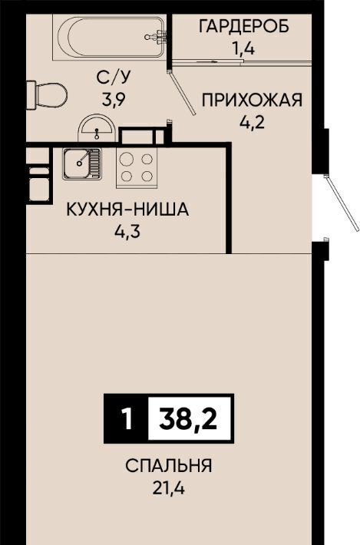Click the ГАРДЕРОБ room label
click(244, 26)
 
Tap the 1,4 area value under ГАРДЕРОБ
click(243, 48)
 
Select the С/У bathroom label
click(114, 78)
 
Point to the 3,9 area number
click(114, 100)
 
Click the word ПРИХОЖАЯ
click(253, 101)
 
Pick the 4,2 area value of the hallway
click(253, 122)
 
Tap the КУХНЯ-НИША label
click(127, 210)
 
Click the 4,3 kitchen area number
click(127, 232)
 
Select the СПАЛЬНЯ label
click(169, 466)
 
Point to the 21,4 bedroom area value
click(169, 488)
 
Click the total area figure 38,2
click(188, 418)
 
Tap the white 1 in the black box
click(127, 418)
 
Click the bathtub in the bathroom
click(109, 37)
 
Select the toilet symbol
click(47, 95)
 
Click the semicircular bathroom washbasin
click(97, 129)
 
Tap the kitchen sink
click(82, 164)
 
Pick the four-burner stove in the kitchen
click(136, 168)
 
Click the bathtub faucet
click(157, 37)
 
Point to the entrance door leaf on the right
click(342, 203)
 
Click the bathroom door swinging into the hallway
click(182, 93)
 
